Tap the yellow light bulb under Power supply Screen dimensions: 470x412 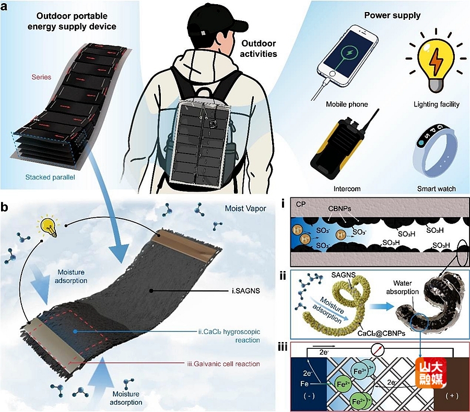(435, 64)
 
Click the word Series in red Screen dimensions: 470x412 (41, 77)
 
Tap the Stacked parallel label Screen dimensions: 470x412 (50, 177)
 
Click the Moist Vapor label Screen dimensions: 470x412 (245, 208)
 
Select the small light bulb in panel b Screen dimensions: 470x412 (48, 227)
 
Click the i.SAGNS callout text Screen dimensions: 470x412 (245, 290)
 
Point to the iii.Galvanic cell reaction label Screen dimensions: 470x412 (224, 364)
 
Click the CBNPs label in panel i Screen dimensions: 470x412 (339, 208)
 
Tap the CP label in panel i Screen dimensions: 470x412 (301, 204)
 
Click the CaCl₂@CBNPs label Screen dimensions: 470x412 (382, 333)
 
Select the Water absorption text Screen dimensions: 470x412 (403, 287)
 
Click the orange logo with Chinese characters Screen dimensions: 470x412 (431, 373)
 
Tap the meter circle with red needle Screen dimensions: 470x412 (378, 349)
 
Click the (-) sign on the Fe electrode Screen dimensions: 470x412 (309, 396)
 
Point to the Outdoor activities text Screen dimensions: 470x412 (258, 49)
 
